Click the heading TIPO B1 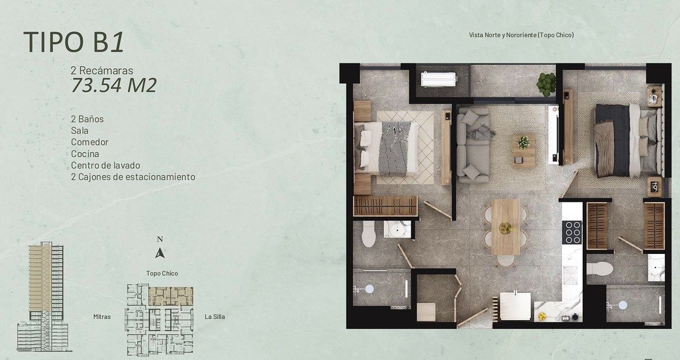(x=74, y=42)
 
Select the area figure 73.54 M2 (x=114, y=85)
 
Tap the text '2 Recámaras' (x=101, y=70)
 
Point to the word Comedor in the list (x=90, y=142)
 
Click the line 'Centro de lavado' (x=105, y=166)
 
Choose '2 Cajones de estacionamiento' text (x=133, y=177)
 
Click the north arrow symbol (x=160, y=253)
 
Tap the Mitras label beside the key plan (x=102, y=316)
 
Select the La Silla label (x=215, y=316)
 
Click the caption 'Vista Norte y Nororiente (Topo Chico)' (x=521, y=35)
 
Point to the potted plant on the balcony (x=546, y=84)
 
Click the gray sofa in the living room (x=473, y=145)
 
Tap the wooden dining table (x=505, y=227)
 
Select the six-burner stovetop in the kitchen (x=572, y=232)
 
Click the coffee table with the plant (x=523, y=150)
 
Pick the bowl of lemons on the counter (x=542, y=316)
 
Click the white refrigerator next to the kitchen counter (x=515, y=306)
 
